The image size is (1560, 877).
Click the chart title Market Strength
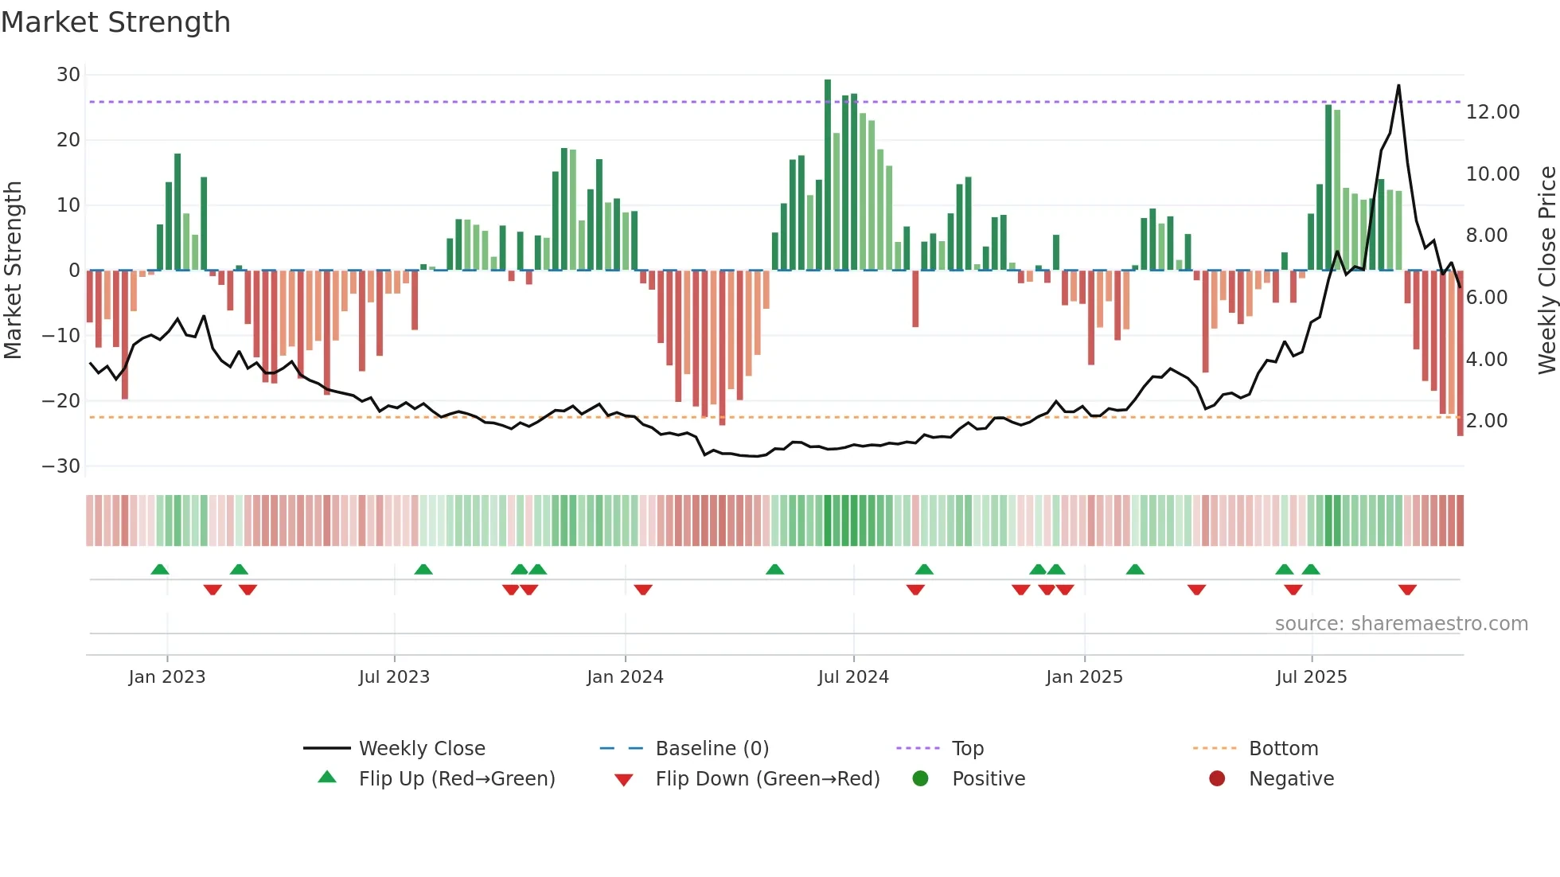coord(115,22)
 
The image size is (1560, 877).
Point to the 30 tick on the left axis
coord(68,75)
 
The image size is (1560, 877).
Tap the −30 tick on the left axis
coord(61,466)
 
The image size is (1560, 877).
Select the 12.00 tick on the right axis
coord(1492,112)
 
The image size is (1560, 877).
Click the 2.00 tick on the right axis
coord(1486,421)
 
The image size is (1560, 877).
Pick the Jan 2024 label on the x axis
coord(625,677)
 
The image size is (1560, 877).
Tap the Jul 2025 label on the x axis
coord(1311,677)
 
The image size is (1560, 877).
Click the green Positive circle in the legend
coord(921,779)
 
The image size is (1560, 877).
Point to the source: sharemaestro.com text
coord(1401,624)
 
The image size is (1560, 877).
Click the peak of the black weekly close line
coord(1398,86)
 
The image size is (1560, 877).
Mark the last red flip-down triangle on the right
coord(1407,590)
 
